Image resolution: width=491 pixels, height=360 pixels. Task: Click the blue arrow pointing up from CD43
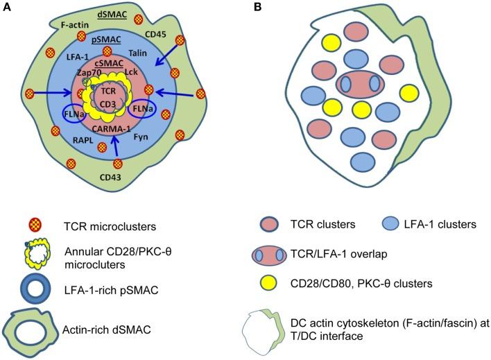click(x=116, y=144)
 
